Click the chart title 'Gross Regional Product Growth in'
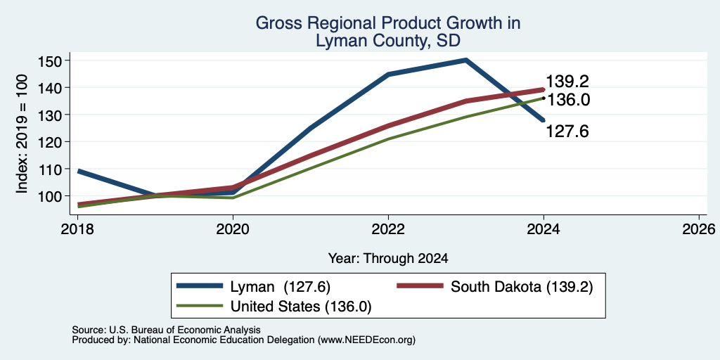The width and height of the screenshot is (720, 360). click(388, 23)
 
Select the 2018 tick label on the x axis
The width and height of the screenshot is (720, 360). click(77, 229)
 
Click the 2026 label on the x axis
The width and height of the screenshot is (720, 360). click(699, 229)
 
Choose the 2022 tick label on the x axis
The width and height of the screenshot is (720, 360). click(388, 229)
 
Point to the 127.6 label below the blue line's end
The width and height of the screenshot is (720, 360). click(567, 131)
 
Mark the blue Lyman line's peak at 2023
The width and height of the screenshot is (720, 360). click(465, 60)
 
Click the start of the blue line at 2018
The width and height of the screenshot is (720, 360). click(79, 172)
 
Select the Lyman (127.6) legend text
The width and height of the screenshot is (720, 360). click(277, 287)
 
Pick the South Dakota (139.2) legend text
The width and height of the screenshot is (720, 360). click(522, 287)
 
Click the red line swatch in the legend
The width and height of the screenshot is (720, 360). click(420, 286)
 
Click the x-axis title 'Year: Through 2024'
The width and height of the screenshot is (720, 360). click(388, 259)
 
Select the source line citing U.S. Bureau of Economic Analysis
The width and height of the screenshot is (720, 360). click(166, 330)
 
